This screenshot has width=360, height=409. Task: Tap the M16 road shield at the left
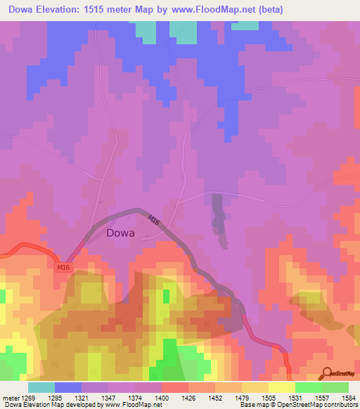tap(63, 268)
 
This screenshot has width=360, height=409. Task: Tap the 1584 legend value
tap(349, 398)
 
